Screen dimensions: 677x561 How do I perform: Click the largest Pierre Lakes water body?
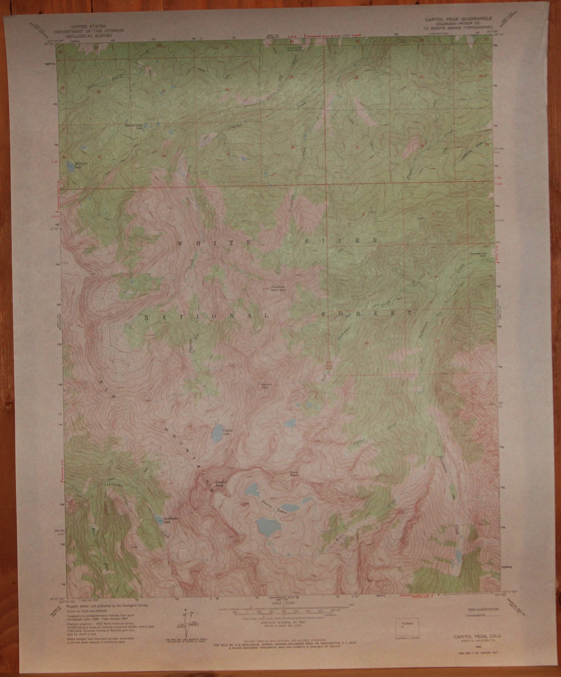coord(268,535)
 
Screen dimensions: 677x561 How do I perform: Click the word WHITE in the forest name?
coord(214,243)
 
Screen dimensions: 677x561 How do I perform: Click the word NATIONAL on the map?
coord(207,316)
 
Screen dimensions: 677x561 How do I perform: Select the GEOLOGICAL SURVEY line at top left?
coord(89,35)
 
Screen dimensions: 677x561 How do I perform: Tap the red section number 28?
coord(99,92)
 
